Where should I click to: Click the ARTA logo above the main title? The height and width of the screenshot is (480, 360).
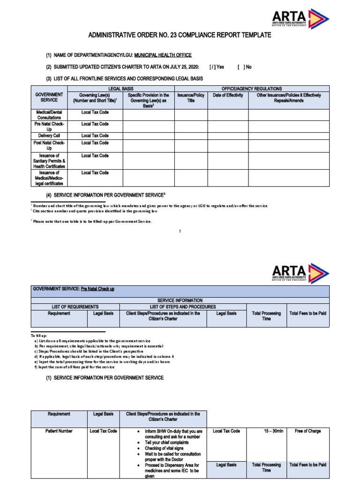coord(300,19)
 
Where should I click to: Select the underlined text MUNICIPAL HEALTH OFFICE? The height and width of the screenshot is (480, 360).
coord(162,55)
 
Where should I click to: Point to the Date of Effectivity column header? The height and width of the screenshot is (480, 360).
coord(228,95)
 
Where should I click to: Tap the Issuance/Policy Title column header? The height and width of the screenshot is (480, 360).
coord(191,97)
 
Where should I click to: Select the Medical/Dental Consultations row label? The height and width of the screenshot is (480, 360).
coord(49,115)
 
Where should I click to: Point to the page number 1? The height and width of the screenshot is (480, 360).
coord(180,232)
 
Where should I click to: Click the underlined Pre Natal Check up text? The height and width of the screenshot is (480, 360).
coord(97,289)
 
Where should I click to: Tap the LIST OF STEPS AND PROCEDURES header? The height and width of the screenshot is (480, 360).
coord(183,307)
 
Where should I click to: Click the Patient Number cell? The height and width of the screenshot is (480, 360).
coord(59,431)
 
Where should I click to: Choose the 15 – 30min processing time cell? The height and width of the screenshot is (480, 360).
coord(266,431)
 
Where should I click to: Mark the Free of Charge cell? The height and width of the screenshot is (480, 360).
coord(307,431)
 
